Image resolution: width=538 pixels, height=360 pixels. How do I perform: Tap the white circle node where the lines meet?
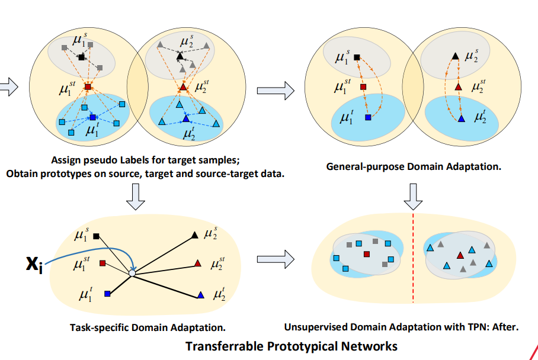click(133, 273)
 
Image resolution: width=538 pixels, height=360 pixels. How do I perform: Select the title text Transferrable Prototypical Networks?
click(291, 345)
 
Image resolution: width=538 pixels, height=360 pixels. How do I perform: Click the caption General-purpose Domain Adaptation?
click(414, 167)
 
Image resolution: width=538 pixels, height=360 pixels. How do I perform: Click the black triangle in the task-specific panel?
click(194, 236)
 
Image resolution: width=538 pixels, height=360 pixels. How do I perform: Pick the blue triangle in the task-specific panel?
click(200, 294)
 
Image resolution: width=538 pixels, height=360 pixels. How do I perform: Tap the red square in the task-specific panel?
click(103, 263)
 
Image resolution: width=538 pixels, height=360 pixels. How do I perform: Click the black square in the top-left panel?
click(82, 57)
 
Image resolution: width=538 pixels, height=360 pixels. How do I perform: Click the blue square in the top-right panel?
click(368, 118)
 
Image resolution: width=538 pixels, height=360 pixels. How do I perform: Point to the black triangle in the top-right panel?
click(455, 56)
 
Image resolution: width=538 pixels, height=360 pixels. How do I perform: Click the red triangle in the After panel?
click(460, 255)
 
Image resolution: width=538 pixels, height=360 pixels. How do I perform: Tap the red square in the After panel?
click(366, 254)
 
